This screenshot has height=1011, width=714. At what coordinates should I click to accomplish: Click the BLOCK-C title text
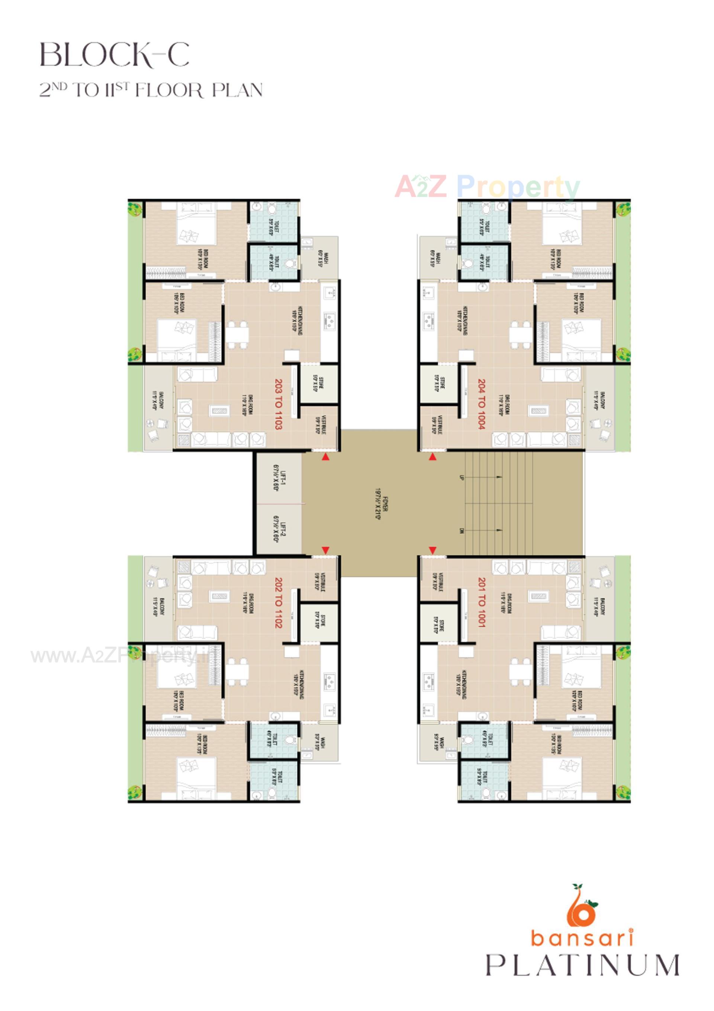(x=115, y=55)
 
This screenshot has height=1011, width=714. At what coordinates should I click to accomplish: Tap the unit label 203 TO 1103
(x=278, y=404)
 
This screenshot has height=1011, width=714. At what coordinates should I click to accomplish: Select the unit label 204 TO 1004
(x=482, y=404)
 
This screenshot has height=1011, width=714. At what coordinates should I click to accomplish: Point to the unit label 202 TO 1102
(x=278, y=602)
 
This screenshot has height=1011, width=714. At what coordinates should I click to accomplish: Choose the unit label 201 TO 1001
(x=482, y=602)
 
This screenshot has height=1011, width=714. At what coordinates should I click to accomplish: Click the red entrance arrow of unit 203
(x=325, y=458)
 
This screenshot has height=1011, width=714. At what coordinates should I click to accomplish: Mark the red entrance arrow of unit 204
(x=433, y=458)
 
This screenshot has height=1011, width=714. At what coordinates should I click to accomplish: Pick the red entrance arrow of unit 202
(x=325, y=550)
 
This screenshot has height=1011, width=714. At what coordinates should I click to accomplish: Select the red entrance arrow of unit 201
(x=433, y=550)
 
